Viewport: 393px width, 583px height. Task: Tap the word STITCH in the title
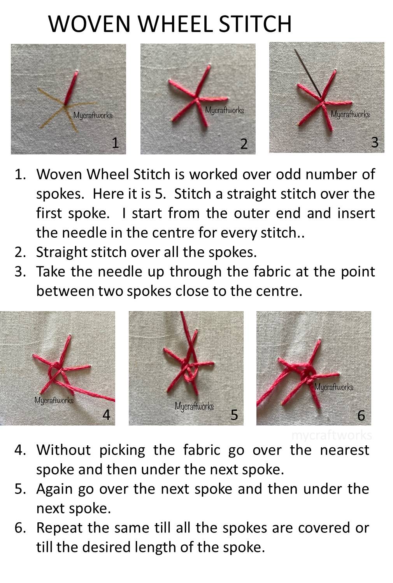pos(254,24)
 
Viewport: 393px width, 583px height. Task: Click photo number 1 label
pos(115,143)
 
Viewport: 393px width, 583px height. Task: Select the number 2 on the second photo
pos(244,144)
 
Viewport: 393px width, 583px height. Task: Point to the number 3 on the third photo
pos(374,142)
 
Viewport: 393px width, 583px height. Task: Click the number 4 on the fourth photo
pos(106,415)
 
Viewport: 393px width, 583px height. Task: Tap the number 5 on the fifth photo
pos(234,415)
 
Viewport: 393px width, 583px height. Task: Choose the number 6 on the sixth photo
pos(361,415)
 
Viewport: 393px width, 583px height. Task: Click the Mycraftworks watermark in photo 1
pos(93,116)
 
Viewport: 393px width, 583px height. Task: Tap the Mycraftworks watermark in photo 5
pos(194,406)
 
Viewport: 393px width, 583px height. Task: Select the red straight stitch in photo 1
pos(72,88)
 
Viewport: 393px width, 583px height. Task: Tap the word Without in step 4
pos(63,450)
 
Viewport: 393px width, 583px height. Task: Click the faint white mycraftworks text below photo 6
pos(332,435)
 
